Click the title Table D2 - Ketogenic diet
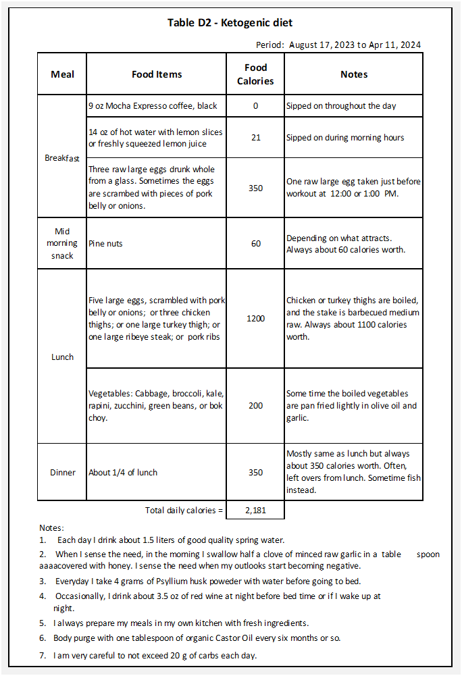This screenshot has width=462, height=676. pyautogui.click(x=230, y=23)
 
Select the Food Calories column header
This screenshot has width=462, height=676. pyautogui.click(x=255, y=74)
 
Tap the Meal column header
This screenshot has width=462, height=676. pyautogui.click(x=62, y=74)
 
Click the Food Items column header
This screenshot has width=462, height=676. pyautogui.click(x=157, y=74)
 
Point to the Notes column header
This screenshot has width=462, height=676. pyautogui.click(x=354, y=74)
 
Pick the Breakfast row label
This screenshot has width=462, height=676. pyautogui.click(x=62, y=157)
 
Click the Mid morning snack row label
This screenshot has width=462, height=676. pyautogui.click(x=62, y=243)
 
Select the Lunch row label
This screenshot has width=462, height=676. pyautogui.click(x=62, y=357)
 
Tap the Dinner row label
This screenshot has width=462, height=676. pyautogui.click(x=62, y=472)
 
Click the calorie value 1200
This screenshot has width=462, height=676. pyautogui.click(x=255, y=318)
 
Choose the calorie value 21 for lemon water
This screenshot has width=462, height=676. pyautogui.click(x=255, y=138)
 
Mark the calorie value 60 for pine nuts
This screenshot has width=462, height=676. pyautogui.click(x=255, y=243)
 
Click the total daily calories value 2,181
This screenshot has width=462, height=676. pyautogui.click(x=255, y=511)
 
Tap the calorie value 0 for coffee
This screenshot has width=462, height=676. pyautogui.click(x=255, y=106)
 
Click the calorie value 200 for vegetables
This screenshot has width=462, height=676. pyautogui.click(x=255, y=405)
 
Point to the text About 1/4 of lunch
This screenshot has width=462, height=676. pyautogui.click(x=123, y=472)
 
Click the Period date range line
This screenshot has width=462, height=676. pyautogui.click(x=338, y=45)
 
